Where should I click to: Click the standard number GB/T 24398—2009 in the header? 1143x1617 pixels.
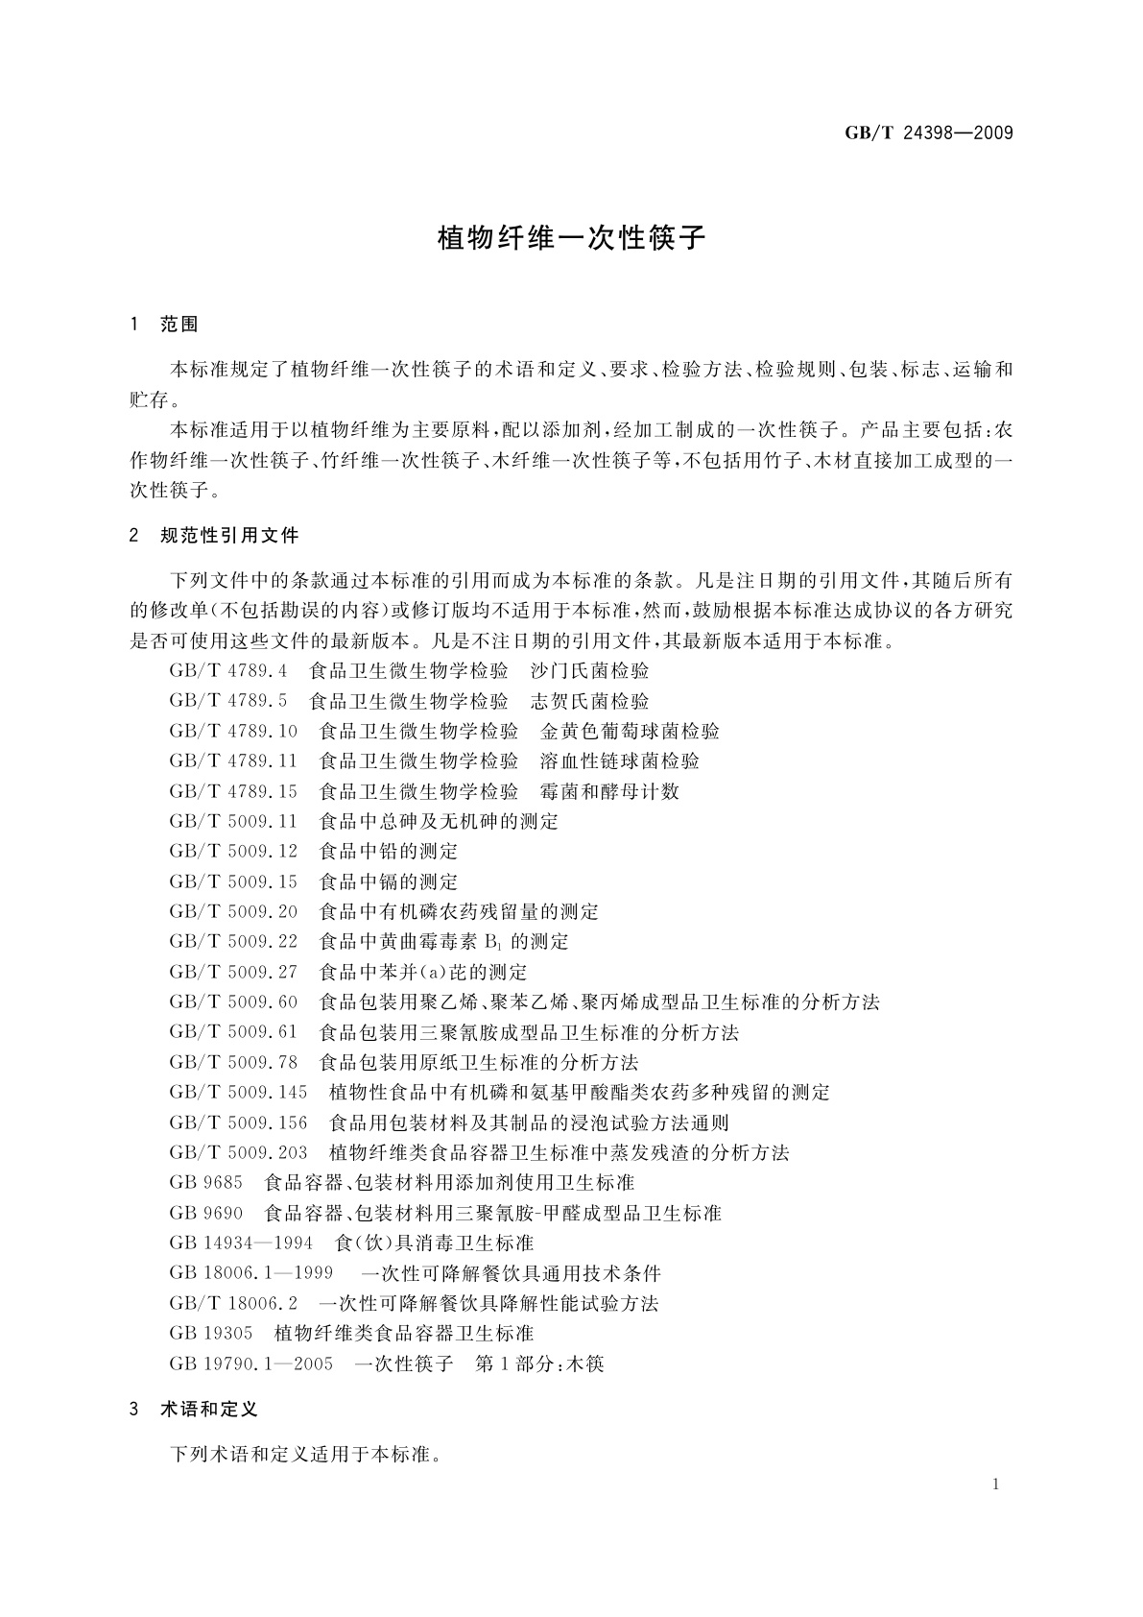pyautogui.click(x=928, y=133)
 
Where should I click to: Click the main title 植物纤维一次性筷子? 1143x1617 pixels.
pyautogui.click(x=572, y=237)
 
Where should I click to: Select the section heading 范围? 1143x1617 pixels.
pyautogui.click(x=179, y=325)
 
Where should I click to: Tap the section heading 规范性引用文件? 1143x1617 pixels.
pyautogui.click(x=229, y=535)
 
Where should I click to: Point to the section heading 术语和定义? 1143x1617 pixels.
pyautogui.click(x=209, y=1409)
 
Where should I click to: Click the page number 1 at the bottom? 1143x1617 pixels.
pyautogui.click(x=995, y=1484)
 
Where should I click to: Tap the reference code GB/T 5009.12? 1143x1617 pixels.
pyautogui.click(x=233, y=852)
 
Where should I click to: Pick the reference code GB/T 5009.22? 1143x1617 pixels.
pyautogui.click(x=233, y=941)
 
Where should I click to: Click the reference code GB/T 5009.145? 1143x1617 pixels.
pyautogui.click(x=238, y=1093)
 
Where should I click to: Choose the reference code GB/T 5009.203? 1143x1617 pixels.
pyautogui.click(x=238, y=1152)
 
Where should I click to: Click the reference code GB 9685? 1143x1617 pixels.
pyautogui.click(x=205, y=1182)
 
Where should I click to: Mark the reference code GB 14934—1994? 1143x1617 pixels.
pyautogui.click(x=241, y=1243)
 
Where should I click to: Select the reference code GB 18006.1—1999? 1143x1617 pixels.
pyautogui.click(x=250, y=1273)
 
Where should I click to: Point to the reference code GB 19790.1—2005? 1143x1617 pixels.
pyautogui.click(x=250, y=1364)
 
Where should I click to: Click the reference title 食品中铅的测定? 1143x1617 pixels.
pyautogui.click(x=388, y=852)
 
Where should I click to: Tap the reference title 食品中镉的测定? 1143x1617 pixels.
pyautogui.click(x=388, y=881)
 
